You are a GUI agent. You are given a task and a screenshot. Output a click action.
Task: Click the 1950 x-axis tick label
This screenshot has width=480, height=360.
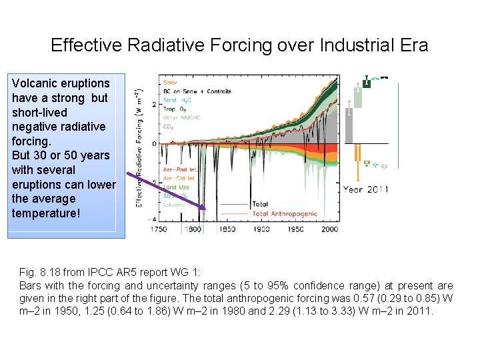coord(295,229)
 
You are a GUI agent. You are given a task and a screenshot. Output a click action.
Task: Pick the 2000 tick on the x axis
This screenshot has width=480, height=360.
coord(330,229)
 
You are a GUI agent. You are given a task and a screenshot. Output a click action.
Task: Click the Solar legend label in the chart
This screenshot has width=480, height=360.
coord(171,83)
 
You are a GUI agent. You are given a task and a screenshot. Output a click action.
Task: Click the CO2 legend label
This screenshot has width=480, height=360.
coord(169,127)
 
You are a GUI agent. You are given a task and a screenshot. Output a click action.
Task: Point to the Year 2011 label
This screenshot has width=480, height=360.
coord(366,189)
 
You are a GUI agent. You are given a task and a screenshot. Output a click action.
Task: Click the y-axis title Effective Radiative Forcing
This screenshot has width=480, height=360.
coord(138,147)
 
